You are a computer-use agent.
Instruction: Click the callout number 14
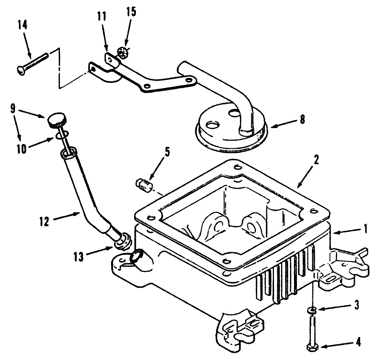22,27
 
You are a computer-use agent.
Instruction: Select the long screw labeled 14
33,62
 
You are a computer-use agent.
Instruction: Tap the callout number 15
131,11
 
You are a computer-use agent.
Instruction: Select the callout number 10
21,149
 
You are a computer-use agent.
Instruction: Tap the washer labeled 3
312,310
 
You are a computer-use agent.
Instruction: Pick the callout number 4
358,342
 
